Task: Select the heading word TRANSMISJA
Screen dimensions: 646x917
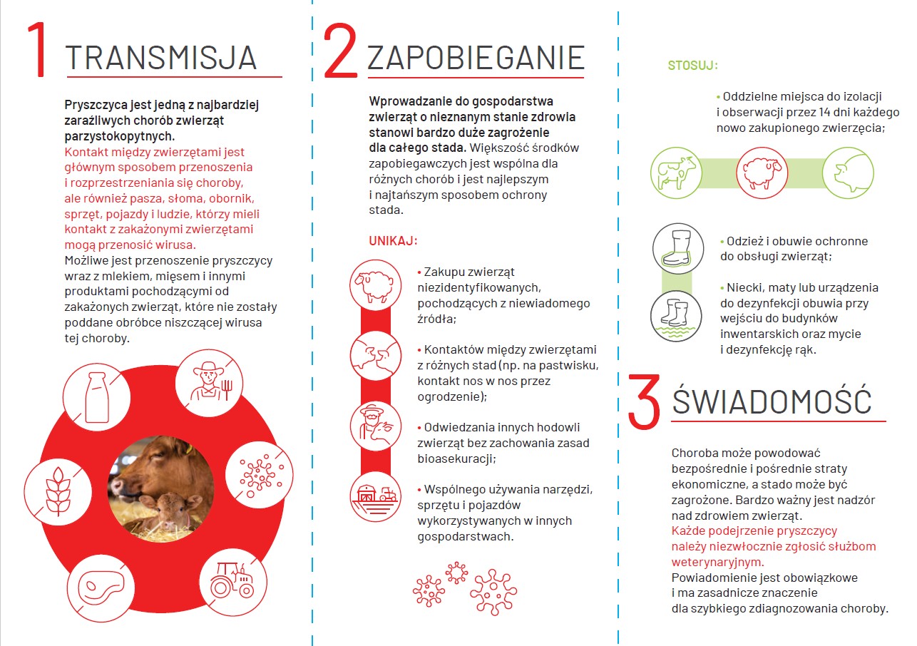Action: click(161, 57)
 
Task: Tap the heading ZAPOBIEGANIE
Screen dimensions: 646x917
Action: click(476, 58)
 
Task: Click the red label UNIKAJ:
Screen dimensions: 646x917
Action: click(393, 240)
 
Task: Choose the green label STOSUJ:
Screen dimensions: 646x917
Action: click(692, 66)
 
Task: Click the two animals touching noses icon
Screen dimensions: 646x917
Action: click(375, 354)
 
